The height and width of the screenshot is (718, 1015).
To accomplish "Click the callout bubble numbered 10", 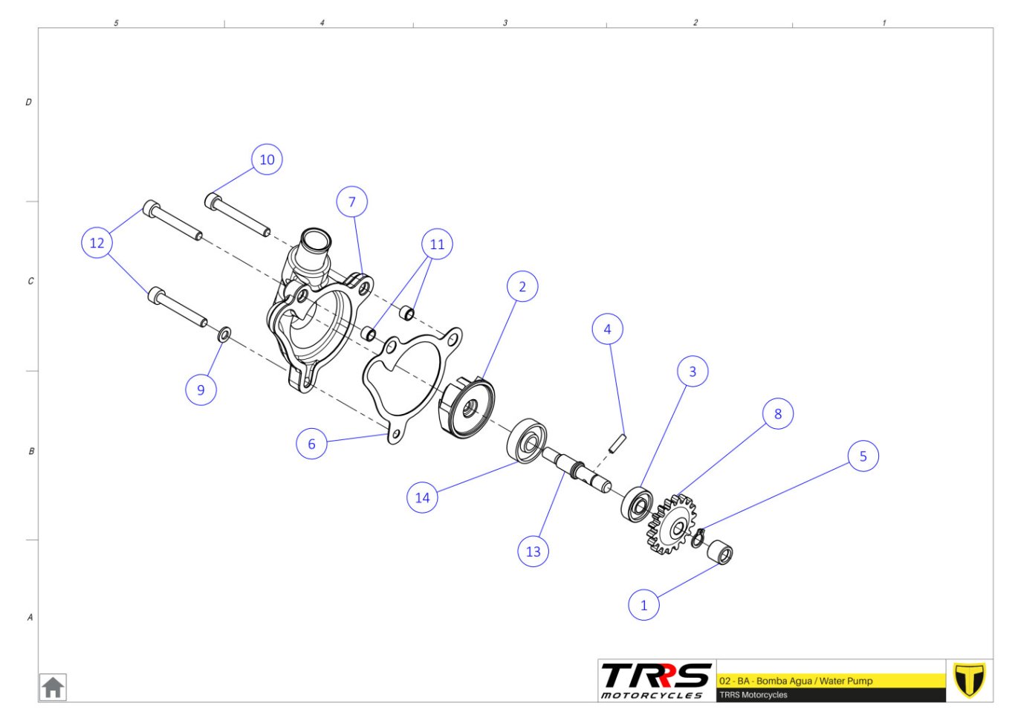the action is [267, 160].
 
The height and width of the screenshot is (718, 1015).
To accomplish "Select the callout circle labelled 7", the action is [352, 201].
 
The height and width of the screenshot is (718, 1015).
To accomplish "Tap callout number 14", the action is [422, 498].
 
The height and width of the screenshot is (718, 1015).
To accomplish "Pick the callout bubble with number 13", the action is [534, 552].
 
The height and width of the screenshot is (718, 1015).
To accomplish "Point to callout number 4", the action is [608, 329].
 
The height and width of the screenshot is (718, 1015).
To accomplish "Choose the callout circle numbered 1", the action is [644, 605].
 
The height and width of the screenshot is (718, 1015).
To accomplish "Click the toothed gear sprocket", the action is [672, 525].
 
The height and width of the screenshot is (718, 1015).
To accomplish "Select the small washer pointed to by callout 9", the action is [224, 335].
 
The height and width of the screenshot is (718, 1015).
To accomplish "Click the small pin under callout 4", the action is [617, 443].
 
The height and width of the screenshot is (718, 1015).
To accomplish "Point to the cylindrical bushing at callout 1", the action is [720, 552].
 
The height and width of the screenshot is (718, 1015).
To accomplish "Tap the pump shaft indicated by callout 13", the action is [577, 470].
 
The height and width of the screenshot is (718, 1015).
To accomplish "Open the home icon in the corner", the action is [53, 688].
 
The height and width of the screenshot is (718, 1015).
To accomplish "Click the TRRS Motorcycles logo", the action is [656, 681].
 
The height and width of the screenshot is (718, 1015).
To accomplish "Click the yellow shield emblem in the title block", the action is [969, 680].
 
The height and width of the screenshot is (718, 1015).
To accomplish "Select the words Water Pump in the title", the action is [846, 681].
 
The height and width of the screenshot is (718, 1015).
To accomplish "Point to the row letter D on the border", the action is [28, 102].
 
